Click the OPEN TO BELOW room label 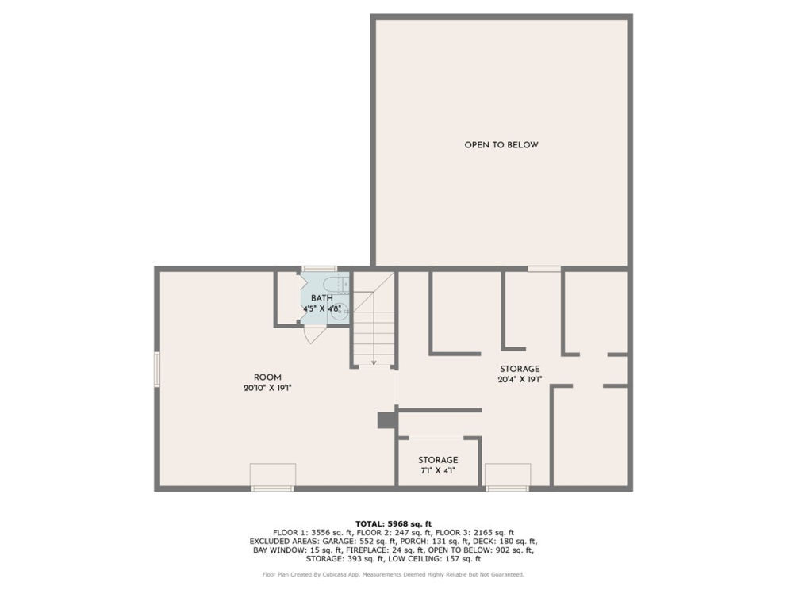(501, 145)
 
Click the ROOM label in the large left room (267, 377)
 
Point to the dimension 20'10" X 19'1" (267, 389)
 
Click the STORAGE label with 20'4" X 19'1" (520, 369)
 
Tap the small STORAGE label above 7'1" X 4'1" (438, 460)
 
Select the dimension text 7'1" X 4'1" (438, 471)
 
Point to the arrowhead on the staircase (373, 362)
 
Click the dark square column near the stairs (386, 420)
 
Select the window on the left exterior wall (157, 368)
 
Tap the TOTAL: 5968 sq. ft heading (393, 523)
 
